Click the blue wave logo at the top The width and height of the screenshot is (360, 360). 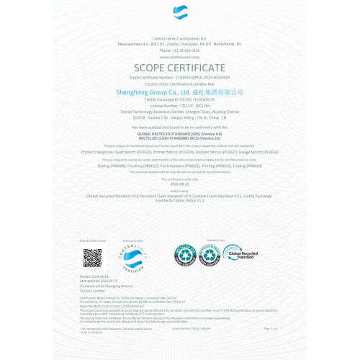(180, 14)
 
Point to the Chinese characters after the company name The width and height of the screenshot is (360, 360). (218, 92)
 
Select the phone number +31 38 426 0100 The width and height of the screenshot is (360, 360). (180, 50)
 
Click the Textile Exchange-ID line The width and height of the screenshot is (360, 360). (180, 99)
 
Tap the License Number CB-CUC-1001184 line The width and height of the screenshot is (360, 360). (180, 104)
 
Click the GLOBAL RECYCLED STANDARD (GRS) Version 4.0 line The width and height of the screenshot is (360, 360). (180, 134)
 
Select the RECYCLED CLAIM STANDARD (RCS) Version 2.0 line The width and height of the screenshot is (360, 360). (180, 138)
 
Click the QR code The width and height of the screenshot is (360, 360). (92, 257)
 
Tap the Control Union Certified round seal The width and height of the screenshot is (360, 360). (133, 257)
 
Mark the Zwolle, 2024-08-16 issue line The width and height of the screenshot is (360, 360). (94, 276)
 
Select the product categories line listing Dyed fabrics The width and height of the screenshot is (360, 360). (180, 153)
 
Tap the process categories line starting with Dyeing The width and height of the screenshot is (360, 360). (180, 166)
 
